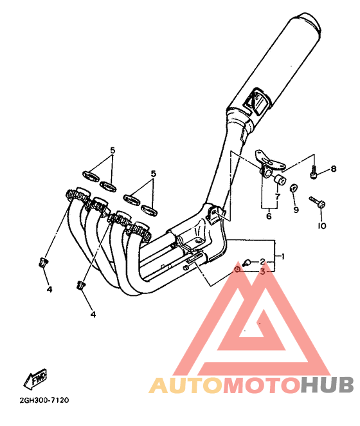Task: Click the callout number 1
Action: coord(283,256)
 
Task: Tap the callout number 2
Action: coord(262,262)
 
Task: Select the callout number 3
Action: coord(262,272)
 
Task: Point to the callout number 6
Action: coord(269,216)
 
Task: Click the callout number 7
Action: coord(278,196)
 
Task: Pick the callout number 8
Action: coord(334,169)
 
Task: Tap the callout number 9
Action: coord(296,210)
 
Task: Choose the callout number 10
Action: coord(322,225)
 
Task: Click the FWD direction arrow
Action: coord(35,378)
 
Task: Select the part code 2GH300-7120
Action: coord(44,400)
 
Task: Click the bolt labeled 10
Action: coord(318,202)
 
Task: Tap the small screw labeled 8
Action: coord(314,172)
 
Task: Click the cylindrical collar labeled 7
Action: coord(280,180)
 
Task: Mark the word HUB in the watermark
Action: coord(327,385)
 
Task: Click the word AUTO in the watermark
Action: coord(185,385)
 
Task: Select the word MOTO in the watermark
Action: coord(262,385)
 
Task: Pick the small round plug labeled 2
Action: coord(247,263)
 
